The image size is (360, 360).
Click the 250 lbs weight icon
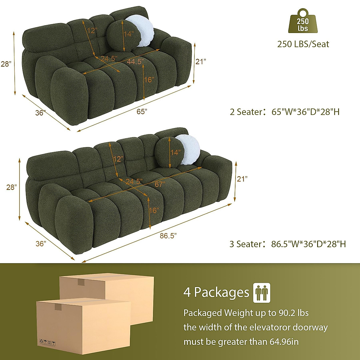pos(303,22)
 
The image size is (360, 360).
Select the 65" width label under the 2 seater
pos(142,112)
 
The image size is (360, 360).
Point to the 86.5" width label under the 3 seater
pos(168,236)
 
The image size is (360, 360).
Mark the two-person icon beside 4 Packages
pos(262,292)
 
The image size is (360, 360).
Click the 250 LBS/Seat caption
pos(303,44)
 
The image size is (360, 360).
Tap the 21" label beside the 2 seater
pos(201,61)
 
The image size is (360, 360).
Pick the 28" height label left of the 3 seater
pos(11,187)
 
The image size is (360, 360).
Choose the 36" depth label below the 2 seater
pos(40,113)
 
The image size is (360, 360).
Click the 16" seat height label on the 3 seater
pos(154,210)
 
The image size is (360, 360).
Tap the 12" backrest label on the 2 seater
pos(92,30)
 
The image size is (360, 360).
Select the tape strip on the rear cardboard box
pos(81,282)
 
